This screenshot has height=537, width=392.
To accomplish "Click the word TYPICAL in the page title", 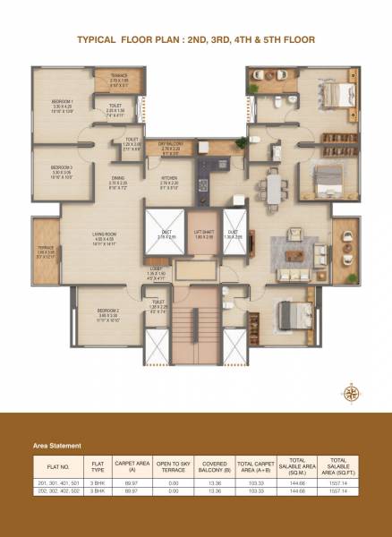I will click(x=100, y=40).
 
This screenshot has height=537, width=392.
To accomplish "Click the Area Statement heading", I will click(x=57, y=445).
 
